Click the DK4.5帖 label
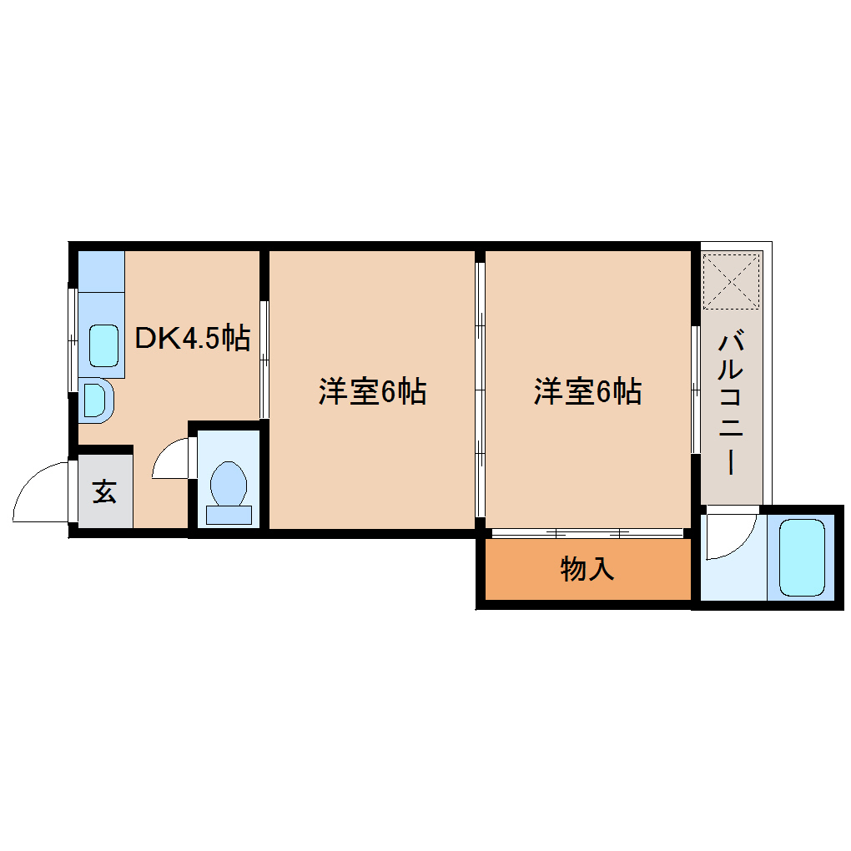coord(193,339)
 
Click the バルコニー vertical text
coord(731,403)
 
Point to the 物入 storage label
coord(587,569)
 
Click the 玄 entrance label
coord(104,491)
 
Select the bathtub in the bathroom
coord(802,556)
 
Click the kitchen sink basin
coord(104,345)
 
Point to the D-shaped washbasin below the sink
coord(95,400)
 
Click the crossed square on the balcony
coord(731,279)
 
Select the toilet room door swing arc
coord(173,460)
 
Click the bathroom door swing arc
coord(728,535)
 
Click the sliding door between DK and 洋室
coord(264,359)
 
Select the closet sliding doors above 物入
coord(587,531)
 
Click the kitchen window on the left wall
coord(72,337)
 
